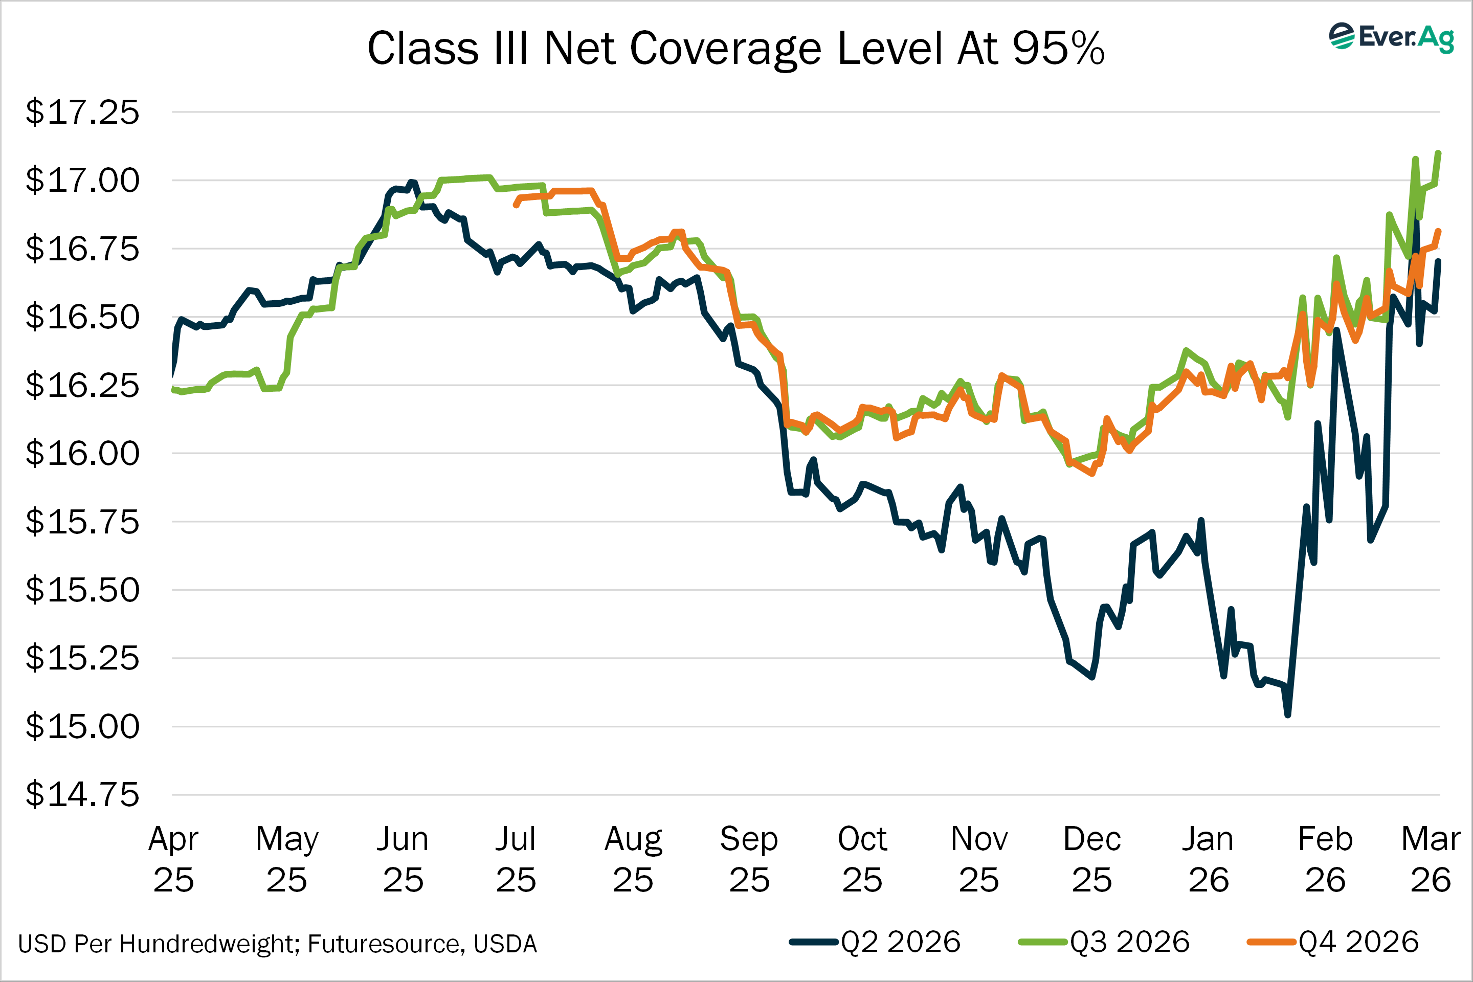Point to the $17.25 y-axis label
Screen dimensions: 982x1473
click(82, 113)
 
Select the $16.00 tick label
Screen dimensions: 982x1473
click(82, 454)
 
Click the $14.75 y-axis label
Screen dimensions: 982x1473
click(82, 795)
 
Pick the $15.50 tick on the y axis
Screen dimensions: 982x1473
click(82, 590)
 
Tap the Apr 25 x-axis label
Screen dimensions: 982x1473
click(173, 859)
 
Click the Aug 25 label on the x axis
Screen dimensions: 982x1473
click(633, 859)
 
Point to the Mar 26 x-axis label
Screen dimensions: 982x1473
click(1431, 859)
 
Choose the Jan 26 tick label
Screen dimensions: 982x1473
click(1208, 859)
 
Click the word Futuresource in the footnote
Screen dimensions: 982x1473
click(386, 944)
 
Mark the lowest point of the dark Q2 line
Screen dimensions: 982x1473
click(1288, 715)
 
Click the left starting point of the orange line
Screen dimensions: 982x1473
click(516, 204)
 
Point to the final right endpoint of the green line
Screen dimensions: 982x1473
click(1439, 153)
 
